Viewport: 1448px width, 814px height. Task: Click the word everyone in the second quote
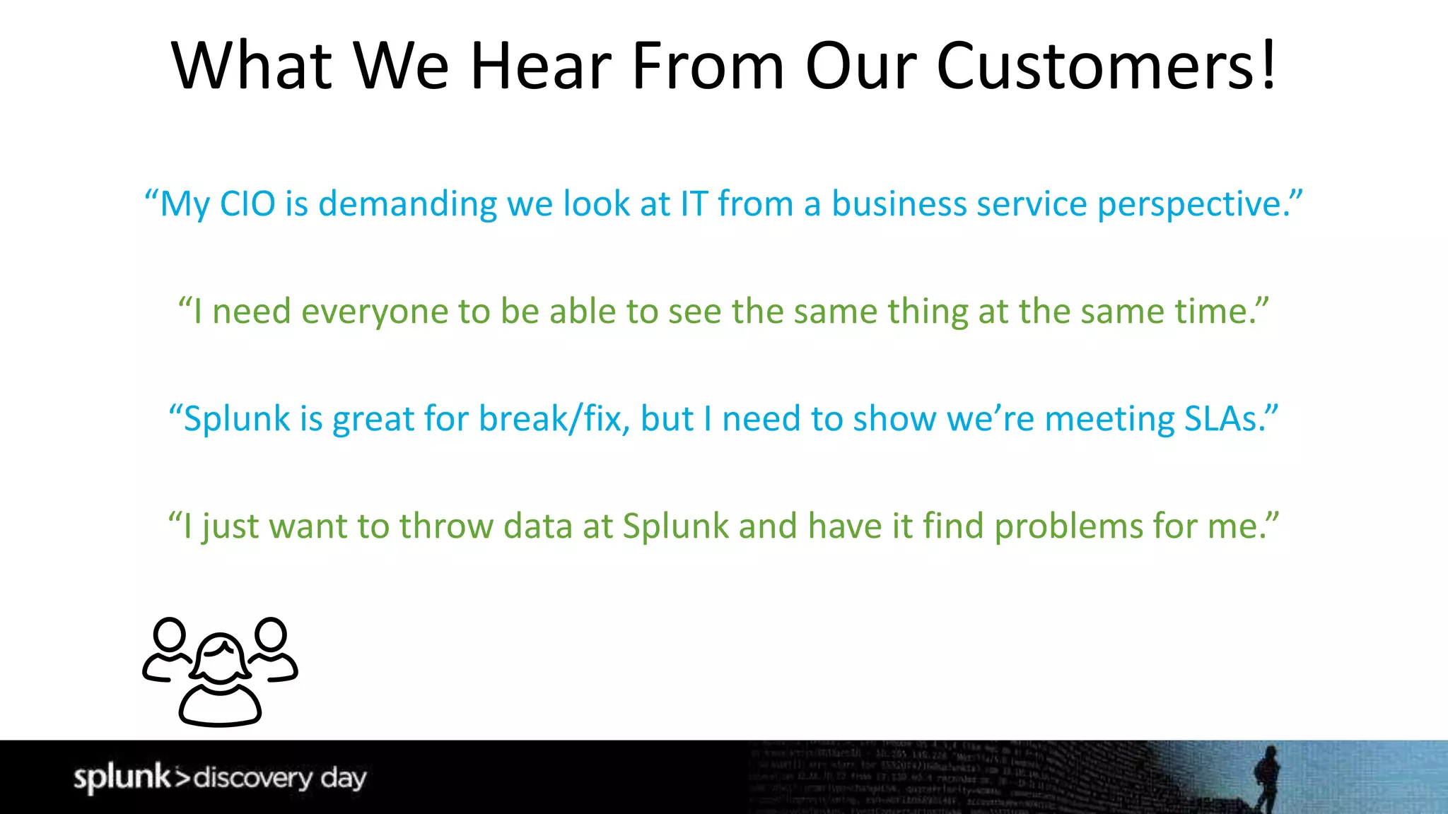coord(374,312)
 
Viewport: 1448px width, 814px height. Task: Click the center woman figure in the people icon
coord(221,682)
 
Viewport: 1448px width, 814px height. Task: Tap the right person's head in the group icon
coord(271,634)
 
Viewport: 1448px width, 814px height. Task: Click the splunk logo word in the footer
coord(122,777)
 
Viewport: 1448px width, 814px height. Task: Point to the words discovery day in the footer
coord(280,778)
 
